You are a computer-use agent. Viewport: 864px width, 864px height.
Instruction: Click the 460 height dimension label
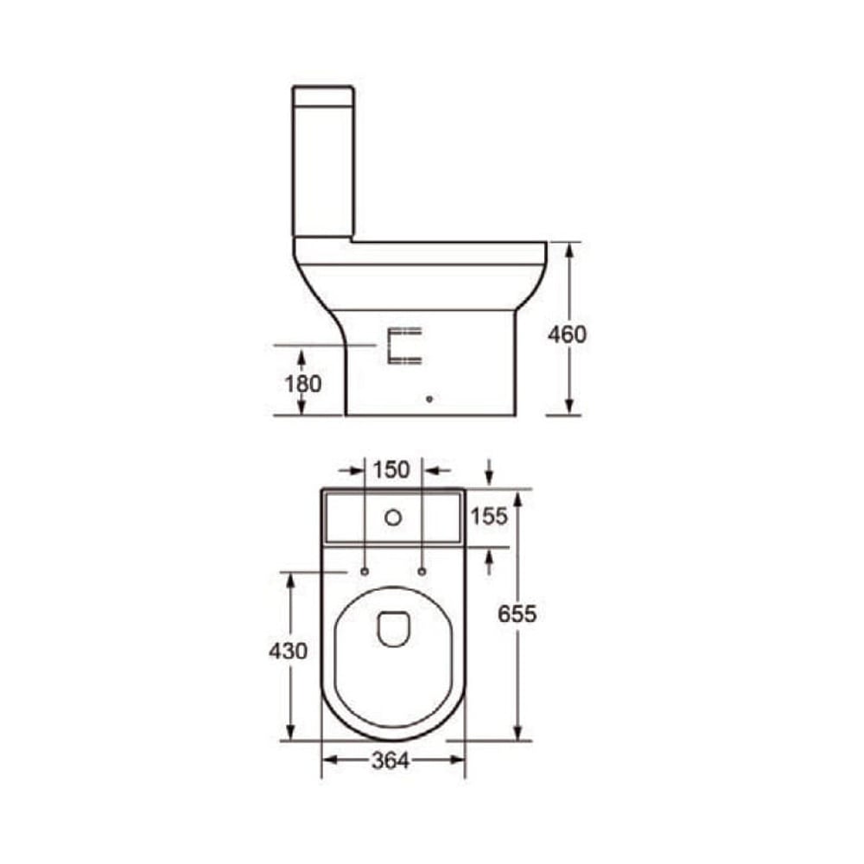[x=567, y=334]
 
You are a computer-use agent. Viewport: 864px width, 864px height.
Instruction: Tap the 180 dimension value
[x=302, y=383]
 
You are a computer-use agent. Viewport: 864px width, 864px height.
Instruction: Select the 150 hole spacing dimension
[x=391, y=470]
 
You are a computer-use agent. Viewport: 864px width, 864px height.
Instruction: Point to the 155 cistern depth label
[x=489, y=517]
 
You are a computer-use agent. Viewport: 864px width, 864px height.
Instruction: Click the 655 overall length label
[x=518, y=613]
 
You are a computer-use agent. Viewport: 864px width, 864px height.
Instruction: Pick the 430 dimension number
[x=288, y=651]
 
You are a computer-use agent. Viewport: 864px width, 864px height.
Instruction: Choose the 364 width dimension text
[x=391, y=760]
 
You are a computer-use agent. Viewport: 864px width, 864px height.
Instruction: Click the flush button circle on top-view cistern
[x=393, y=518]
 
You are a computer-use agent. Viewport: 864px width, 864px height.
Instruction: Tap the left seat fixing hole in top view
[x=364, y=571]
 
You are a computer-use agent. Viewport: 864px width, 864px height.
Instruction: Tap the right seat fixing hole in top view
[x=422, y=571]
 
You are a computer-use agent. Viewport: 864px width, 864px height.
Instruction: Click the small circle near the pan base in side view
[x=429, y=399]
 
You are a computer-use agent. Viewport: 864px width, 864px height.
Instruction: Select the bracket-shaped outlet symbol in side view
[x=404, y=346]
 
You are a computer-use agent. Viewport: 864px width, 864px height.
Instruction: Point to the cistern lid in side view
[x=323, y=95]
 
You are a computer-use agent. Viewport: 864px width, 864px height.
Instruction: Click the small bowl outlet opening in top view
[x=393, y=628]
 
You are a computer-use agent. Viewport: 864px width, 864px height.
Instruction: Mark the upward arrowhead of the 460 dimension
[x=569, y=251]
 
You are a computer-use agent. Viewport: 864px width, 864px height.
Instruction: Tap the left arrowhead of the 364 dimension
[x=329, y=759]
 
